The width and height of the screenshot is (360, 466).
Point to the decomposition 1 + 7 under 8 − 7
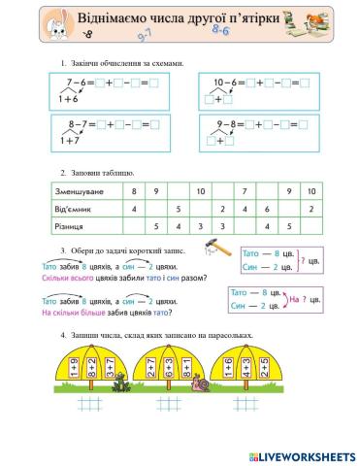pyautogui.click(x=69, y=141)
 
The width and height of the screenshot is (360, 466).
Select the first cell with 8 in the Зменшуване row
pyautogui.click(x=134, y=191)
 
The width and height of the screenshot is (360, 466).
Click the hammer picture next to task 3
pyautogui.click(x=219, y=250)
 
